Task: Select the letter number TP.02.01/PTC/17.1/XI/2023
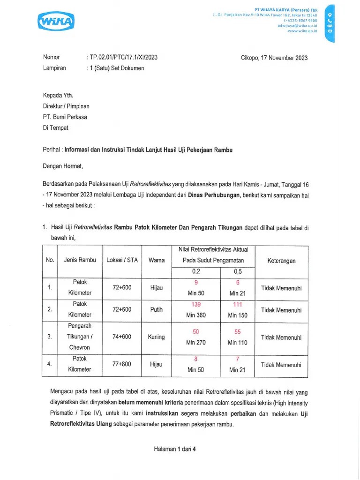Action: click(123, 58)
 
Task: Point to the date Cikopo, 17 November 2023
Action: click(274, 58)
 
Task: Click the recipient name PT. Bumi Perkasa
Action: click(65, 117)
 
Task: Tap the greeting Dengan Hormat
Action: click(62, 165)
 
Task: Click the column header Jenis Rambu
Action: click(80, 260)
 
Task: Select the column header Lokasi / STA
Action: click(122, 260)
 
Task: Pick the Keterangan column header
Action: click(281, 261)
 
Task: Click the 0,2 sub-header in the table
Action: click(196, 272)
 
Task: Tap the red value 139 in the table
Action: click(196, 305)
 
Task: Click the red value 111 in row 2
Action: click(238, 305)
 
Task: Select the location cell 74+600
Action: click(122, 337)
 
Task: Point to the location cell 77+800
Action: click(122, 364)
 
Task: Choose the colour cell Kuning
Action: click(156, 337)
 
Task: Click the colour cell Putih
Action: click(156, 310)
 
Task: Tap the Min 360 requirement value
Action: click(196, 315)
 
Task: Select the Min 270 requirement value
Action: click(196, 343)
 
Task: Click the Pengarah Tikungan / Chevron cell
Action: click(79, 337)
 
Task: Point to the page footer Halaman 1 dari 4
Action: click(175, 449)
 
